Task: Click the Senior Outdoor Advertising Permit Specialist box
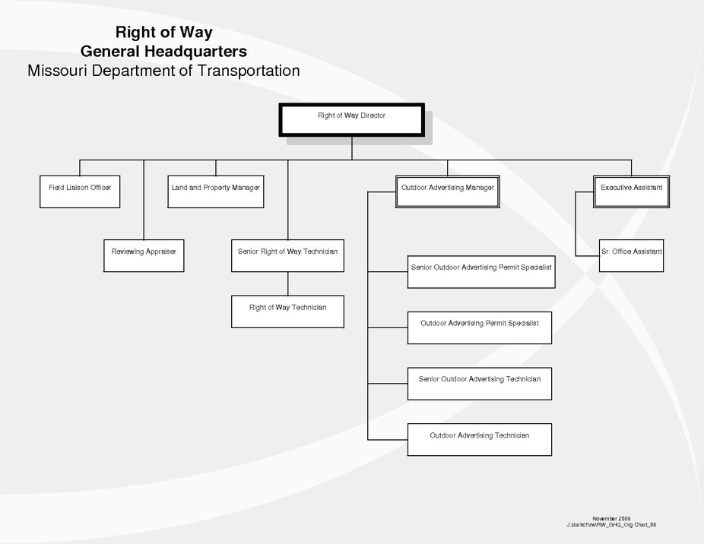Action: coord(480,272)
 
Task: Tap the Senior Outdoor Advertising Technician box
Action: coord(479,383)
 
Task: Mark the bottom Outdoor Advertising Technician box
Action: coord(479,439)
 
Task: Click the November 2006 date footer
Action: coord(611,518)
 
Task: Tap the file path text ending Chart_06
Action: coord(611,524)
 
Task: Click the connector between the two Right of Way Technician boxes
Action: coord(287,283)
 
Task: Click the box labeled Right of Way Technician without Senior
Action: coord(287,312)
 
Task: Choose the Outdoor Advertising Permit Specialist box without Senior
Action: coord(479,327)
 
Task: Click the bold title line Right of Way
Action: coord(163,33)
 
